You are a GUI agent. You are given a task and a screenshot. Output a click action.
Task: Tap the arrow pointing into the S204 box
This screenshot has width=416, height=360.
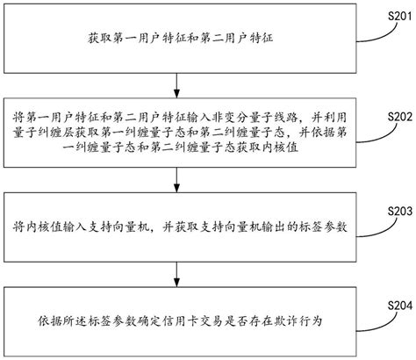(x=179, y=280)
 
